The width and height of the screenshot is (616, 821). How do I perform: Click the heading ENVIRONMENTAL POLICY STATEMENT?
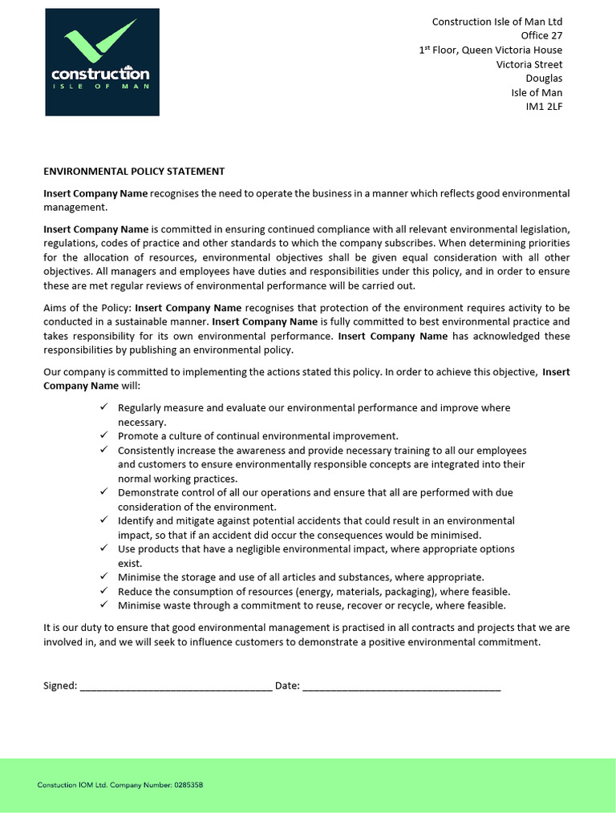coord(134,172)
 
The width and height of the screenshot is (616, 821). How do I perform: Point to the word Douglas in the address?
coord(544,79)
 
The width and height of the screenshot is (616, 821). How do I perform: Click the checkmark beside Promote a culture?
coord(104,435)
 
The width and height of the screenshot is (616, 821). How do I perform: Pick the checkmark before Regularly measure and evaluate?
coord(104,407)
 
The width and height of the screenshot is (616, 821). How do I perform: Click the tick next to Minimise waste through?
coord(104,605)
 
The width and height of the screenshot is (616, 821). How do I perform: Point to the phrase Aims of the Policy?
coord(87,307)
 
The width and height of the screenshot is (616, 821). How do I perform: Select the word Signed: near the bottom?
coord(60,686)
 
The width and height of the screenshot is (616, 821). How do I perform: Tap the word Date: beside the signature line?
coord(287,686)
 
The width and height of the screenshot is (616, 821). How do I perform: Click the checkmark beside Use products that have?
coord(104,548)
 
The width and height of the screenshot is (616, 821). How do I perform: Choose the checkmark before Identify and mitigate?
coord(104,520)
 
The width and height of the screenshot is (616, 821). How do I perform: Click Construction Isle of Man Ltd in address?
coord(496,22)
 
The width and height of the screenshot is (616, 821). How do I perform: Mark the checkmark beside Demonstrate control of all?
coord(104,492)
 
